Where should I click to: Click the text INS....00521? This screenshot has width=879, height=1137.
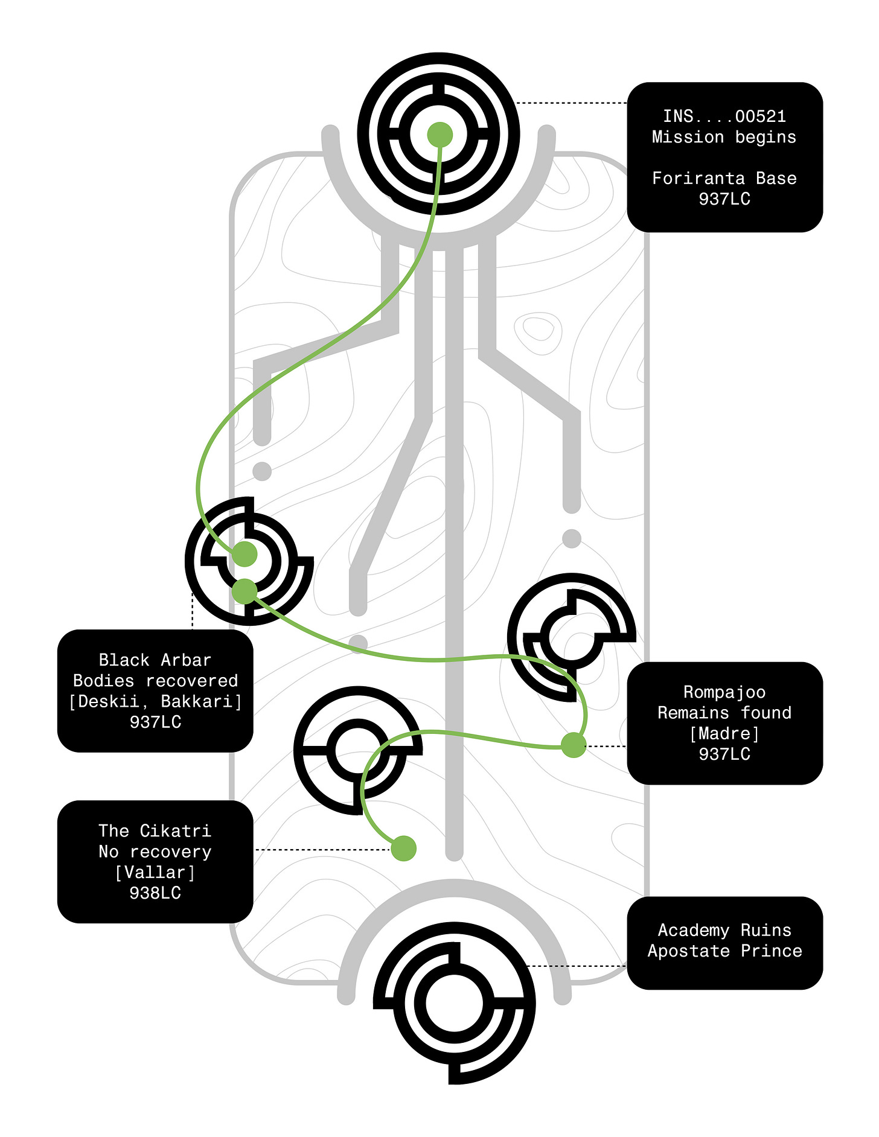tap(724, 116)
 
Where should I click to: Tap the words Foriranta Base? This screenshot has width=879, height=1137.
tap(724, 178)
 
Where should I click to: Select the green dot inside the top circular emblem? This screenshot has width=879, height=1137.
tap(439, 135)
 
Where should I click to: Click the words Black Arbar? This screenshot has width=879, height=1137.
tap(155, 660)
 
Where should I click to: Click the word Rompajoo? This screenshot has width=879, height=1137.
tap(724, 692)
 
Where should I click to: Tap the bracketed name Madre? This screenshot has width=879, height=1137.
tap(724, 733)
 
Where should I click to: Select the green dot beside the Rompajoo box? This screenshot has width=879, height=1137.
tap(573, 745)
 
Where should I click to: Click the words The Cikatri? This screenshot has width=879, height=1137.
tap(155, 830)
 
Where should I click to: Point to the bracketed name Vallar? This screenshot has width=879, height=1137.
tap(155, 872)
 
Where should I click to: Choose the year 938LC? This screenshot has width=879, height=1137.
tap(155, 893)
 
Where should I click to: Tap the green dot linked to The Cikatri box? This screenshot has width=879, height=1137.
tap(403, 849)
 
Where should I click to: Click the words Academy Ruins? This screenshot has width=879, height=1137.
tap(724, 930)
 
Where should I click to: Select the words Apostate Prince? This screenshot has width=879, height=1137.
tap(724, 951)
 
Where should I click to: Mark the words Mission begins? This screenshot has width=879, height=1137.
tap(724, 137)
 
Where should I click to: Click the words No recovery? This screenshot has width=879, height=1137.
tap(155, 852)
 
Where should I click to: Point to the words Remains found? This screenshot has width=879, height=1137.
tap(724, 713)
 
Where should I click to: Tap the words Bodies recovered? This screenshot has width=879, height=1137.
tap(155, 681)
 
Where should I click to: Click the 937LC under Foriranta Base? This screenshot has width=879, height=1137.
tap(724, 199)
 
